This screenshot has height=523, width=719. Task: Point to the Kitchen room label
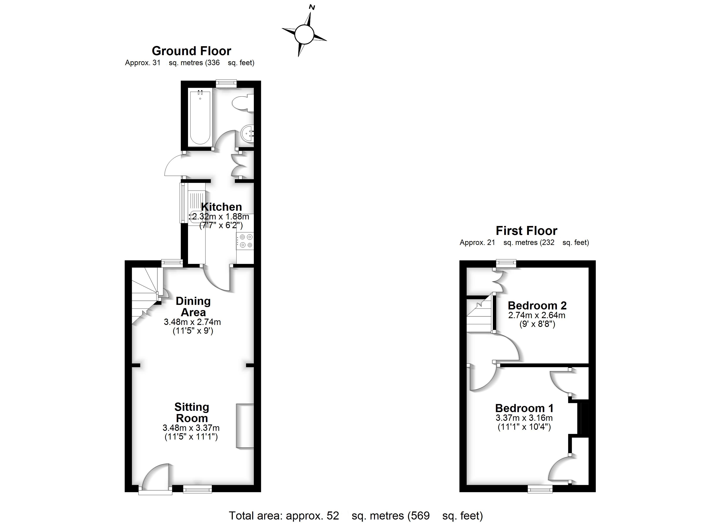point(221,207)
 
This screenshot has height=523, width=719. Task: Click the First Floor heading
point(526,231)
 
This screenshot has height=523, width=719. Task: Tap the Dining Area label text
point(193,306)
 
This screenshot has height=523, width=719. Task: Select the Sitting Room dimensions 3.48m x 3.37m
point(191,428)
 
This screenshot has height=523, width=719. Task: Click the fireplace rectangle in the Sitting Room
point(245,426)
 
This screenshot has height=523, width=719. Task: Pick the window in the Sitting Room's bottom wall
point(197,490)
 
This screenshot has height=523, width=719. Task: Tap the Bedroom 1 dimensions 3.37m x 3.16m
point(524,418)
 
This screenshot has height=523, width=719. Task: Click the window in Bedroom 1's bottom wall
point(540,490)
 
